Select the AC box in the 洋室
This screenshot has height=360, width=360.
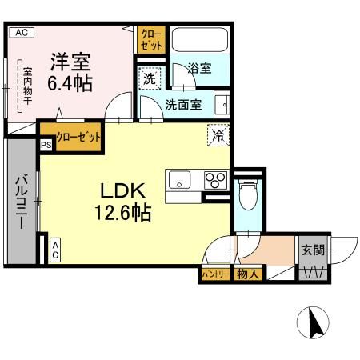[21, 33]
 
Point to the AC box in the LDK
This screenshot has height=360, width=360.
[56, 250]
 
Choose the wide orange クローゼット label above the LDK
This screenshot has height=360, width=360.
[72, 138]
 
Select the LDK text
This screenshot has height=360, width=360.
[122, 191]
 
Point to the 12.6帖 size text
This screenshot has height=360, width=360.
[122, 214]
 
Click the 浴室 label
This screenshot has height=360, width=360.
[200, 69]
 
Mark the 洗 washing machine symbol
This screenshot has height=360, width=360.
[150, 79]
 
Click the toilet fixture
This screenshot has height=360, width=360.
[248, 194]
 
